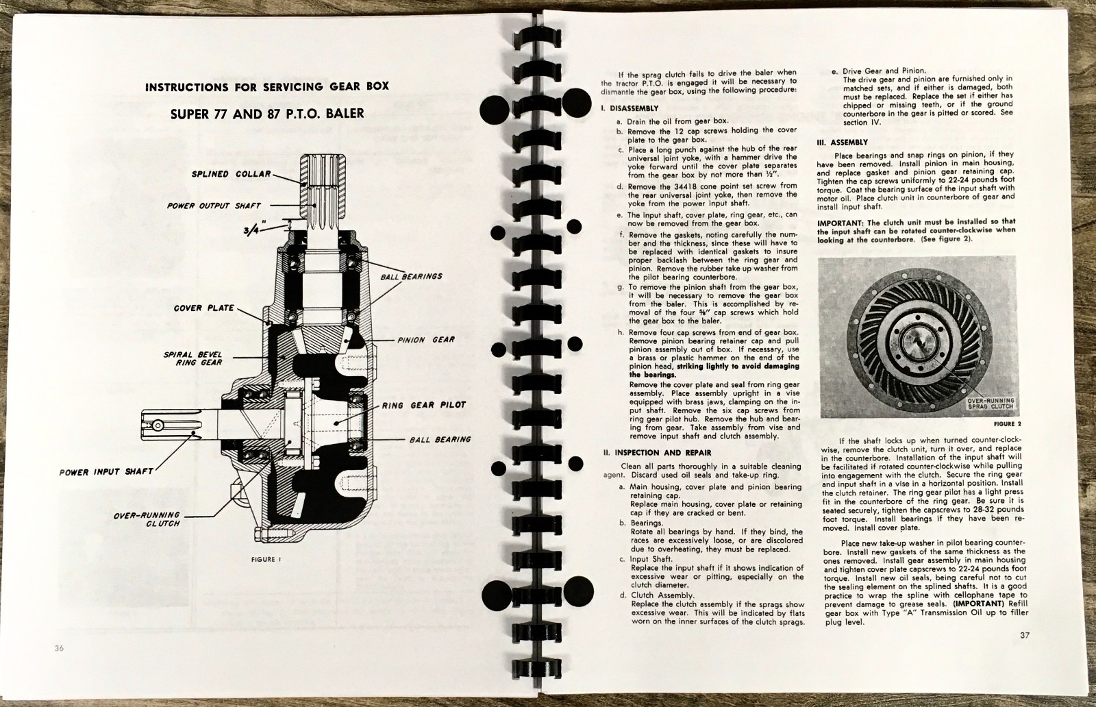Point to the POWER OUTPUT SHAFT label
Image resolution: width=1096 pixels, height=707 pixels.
click(x=214, y=206)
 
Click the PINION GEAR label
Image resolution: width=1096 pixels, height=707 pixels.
click(x=426, y=340)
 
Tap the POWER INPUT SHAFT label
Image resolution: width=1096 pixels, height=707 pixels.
click(x=106, y=471)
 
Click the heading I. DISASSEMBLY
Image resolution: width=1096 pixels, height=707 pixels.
click(x=629, y=108)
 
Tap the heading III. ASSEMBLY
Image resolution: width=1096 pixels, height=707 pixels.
click(x=842, y=142)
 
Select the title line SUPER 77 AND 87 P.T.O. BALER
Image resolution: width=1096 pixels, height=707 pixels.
click(x=267, y=114)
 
